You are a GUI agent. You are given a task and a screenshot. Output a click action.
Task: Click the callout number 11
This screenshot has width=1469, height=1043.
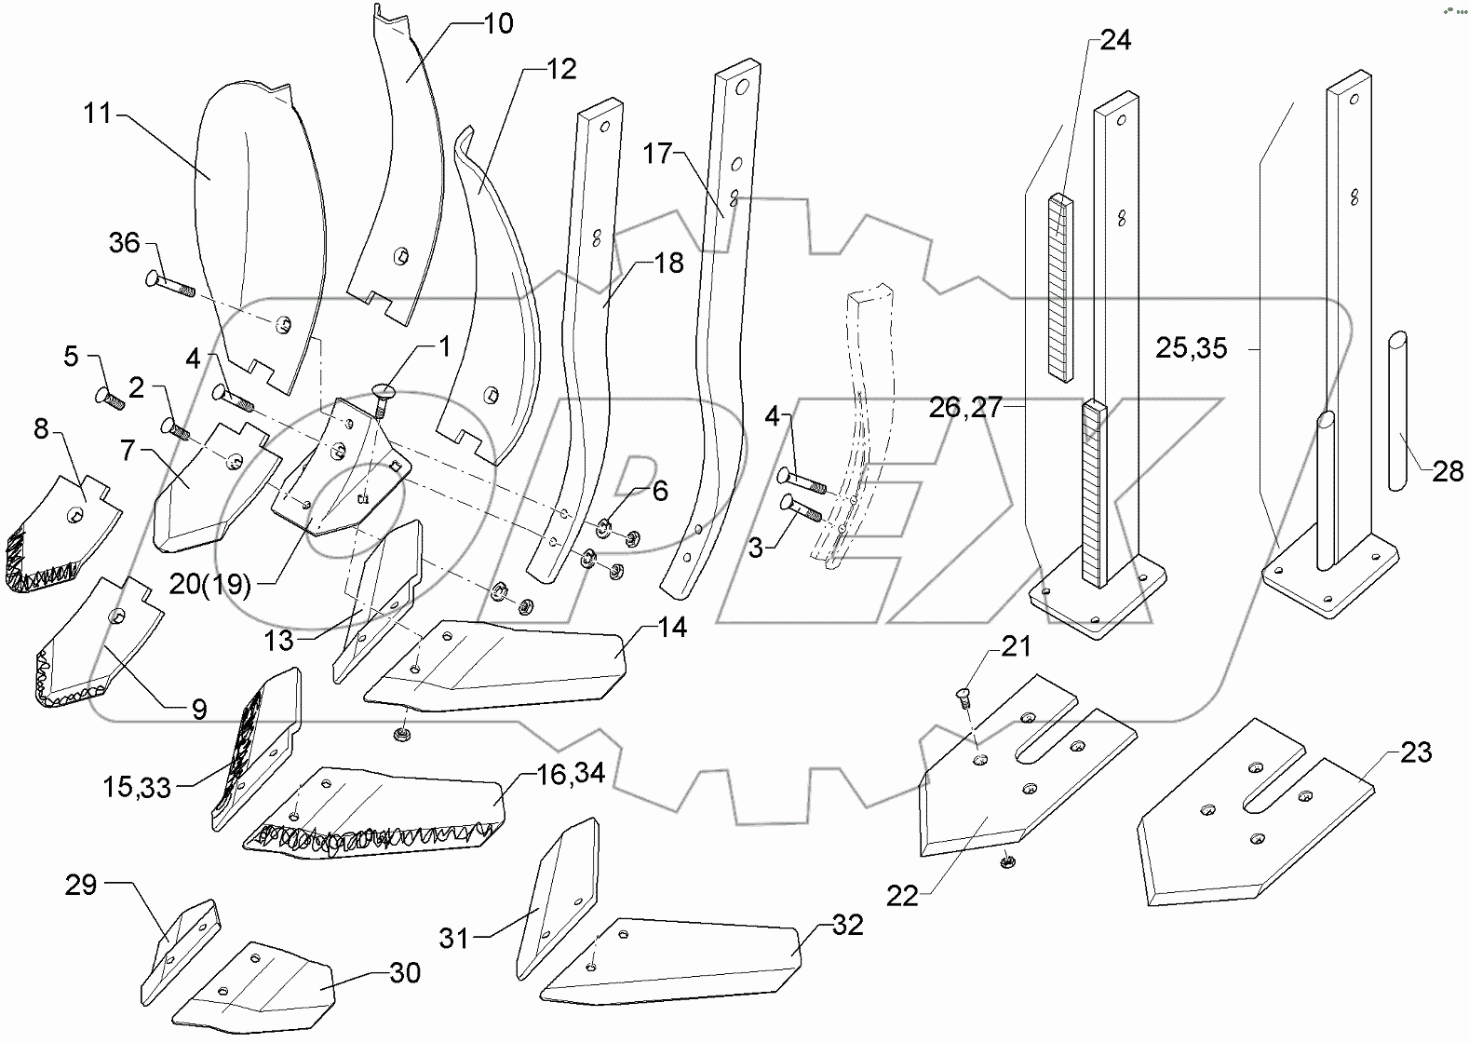[x=97, y=114]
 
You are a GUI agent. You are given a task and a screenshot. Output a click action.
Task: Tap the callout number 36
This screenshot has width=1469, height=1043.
[x=124, y=243]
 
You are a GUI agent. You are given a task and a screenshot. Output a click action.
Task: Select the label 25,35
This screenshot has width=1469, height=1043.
[x=1191, y=348]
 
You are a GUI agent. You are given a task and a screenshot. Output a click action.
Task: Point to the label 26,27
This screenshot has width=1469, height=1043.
[x=964, y=407]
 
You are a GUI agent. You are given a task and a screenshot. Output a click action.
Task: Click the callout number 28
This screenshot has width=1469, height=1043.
[x=1448, y=471]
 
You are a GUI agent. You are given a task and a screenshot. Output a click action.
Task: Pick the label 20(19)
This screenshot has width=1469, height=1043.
[x=210, y=584]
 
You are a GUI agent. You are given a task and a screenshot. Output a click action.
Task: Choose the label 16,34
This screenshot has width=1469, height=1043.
[x=573, y=773]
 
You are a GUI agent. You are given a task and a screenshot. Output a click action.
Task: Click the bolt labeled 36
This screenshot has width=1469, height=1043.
[x=168, y=284]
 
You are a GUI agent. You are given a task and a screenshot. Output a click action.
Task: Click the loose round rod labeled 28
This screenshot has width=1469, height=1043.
[x=1397, y=410]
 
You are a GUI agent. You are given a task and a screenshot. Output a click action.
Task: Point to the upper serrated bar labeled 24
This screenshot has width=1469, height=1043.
[x=1059, y=287]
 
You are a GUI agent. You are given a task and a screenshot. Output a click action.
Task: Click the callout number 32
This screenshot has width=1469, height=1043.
[x=847, y=925]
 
